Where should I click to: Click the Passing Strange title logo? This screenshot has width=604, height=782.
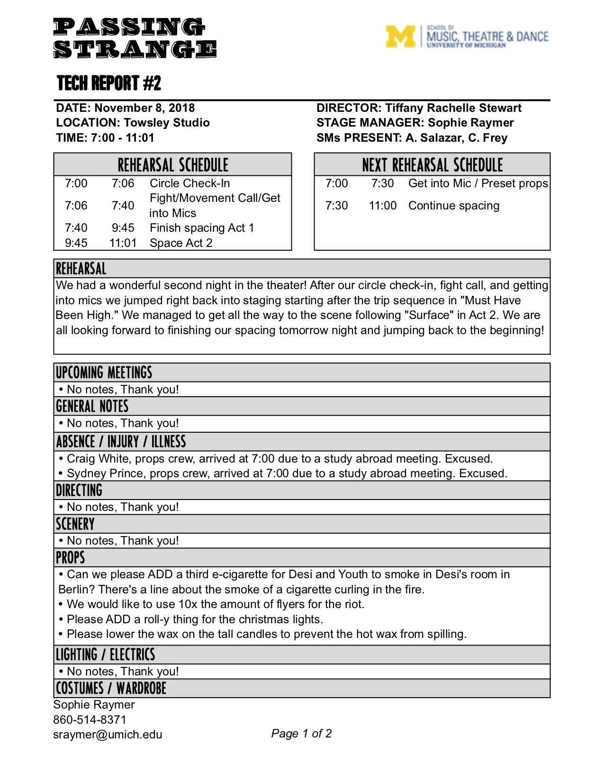coord(135,38)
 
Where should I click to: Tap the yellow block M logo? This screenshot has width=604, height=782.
coord(400,36)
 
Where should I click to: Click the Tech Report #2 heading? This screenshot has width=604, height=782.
coord(109,83)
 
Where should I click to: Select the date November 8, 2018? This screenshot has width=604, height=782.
coord(144,108)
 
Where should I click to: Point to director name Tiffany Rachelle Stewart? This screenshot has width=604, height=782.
coord(453,108)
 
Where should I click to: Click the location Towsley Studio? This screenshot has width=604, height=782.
coord(167,123)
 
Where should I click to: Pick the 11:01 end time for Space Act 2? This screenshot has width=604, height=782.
coord(123,243)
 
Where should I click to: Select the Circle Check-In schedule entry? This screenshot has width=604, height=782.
coord(189,183)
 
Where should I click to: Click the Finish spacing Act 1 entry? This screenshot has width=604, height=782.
coord(202,228)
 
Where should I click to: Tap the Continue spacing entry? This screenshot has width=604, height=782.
coord(454,206)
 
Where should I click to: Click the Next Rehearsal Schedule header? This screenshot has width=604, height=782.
coord(432,165)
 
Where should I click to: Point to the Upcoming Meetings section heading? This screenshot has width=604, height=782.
coord(104,373)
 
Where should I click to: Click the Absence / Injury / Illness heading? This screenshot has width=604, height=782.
coord(121,442)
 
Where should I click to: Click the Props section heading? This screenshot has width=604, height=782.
coord(71,558)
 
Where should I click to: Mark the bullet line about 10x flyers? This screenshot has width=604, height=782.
coord(216,604)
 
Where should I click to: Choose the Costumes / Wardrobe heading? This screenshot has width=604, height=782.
coord(111,688)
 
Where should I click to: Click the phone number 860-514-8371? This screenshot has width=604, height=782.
coord(90,719)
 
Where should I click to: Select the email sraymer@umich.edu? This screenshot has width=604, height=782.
coord(108,735)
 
